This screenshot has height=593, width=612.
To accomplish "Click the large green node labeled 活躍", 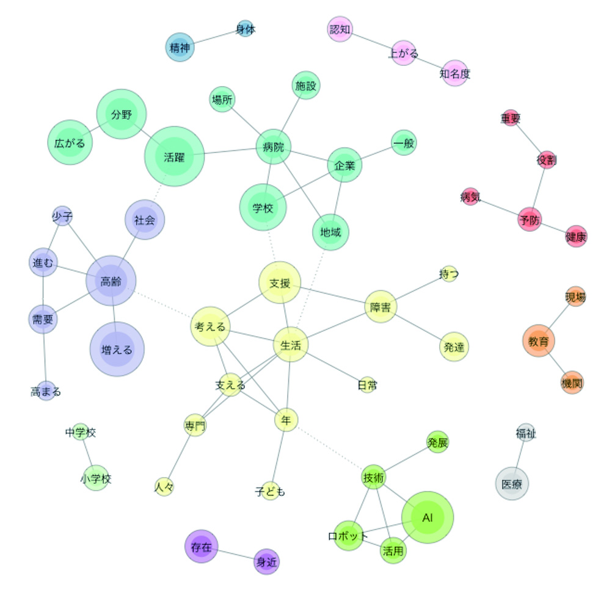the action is pyautogui.click(x=174, y=156).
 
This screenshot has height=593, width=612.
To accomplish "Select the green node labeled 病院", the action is pyautogui.click(x=273, y=146).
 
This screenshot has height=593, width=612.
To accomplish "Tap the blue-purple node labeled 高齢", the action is pyautogui.click(x=111, y=281).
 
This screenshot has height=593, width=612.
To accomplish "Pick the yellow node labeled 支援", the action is pyautogui.click(x=280, y=282).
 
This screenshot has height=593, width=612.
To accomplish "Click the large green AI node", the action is pyautogui.click(x=428, y=517).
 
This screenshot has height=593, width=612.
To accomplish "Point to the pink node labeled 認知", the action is pyautogui.click(x=340, y=29).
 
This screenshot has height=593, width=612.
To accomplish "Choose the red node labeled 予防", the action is pyautogui.click(x=530, y=219).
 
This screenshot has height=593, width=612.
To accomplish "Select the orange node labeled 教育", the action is pyautogui.click(x=539, y=341).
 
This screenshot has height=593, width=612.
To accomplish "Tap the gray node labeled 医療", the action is pyautogui.click(x=512, y=483).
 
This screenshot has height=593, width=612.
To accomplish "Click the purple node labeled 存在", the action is pyautogui.click(x=201, y=546).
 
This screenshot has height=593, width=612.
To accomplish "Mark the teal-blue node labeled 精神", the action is pyautogui.click(x=180, y=47).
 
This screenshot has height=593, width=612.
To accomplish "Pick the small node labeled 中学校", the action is pyautogui.click(x=81, y=432).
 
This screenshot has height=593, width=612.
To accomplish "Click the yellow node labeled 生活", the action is pyautogui.click(x=291, y=345).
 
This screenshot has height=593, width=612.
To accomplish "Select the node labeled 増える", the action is pyautogui.click(x=117, y=349).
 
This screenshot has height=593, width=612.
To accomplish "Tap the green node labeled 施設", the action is pyautogui.click(x=305, y=85).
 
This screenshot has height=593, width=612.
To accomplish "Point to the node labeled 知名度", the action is pyautogui.click(x=454, y=73).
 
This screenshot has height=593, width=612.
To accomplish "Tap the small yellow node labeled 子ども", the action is pyautogui.click(x=270, y=491).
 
